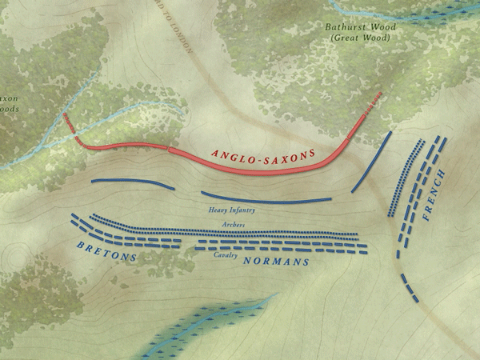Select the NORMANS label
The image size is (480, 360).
(x=276, y=262)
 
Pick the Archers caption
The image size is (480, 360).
(x=234, y=226)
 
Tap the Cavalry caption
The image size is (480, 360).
(x=226, y=255)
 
